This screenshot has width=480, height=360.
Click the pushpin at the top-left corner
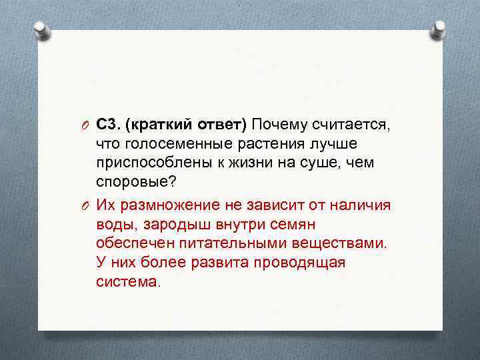(42, 30)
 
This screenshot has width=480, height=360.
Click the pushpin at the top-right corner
(438, 30)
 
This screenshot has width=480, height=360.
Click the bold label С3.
(107, 124)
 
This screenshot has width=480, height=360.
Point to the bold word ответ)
(220, 124)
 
